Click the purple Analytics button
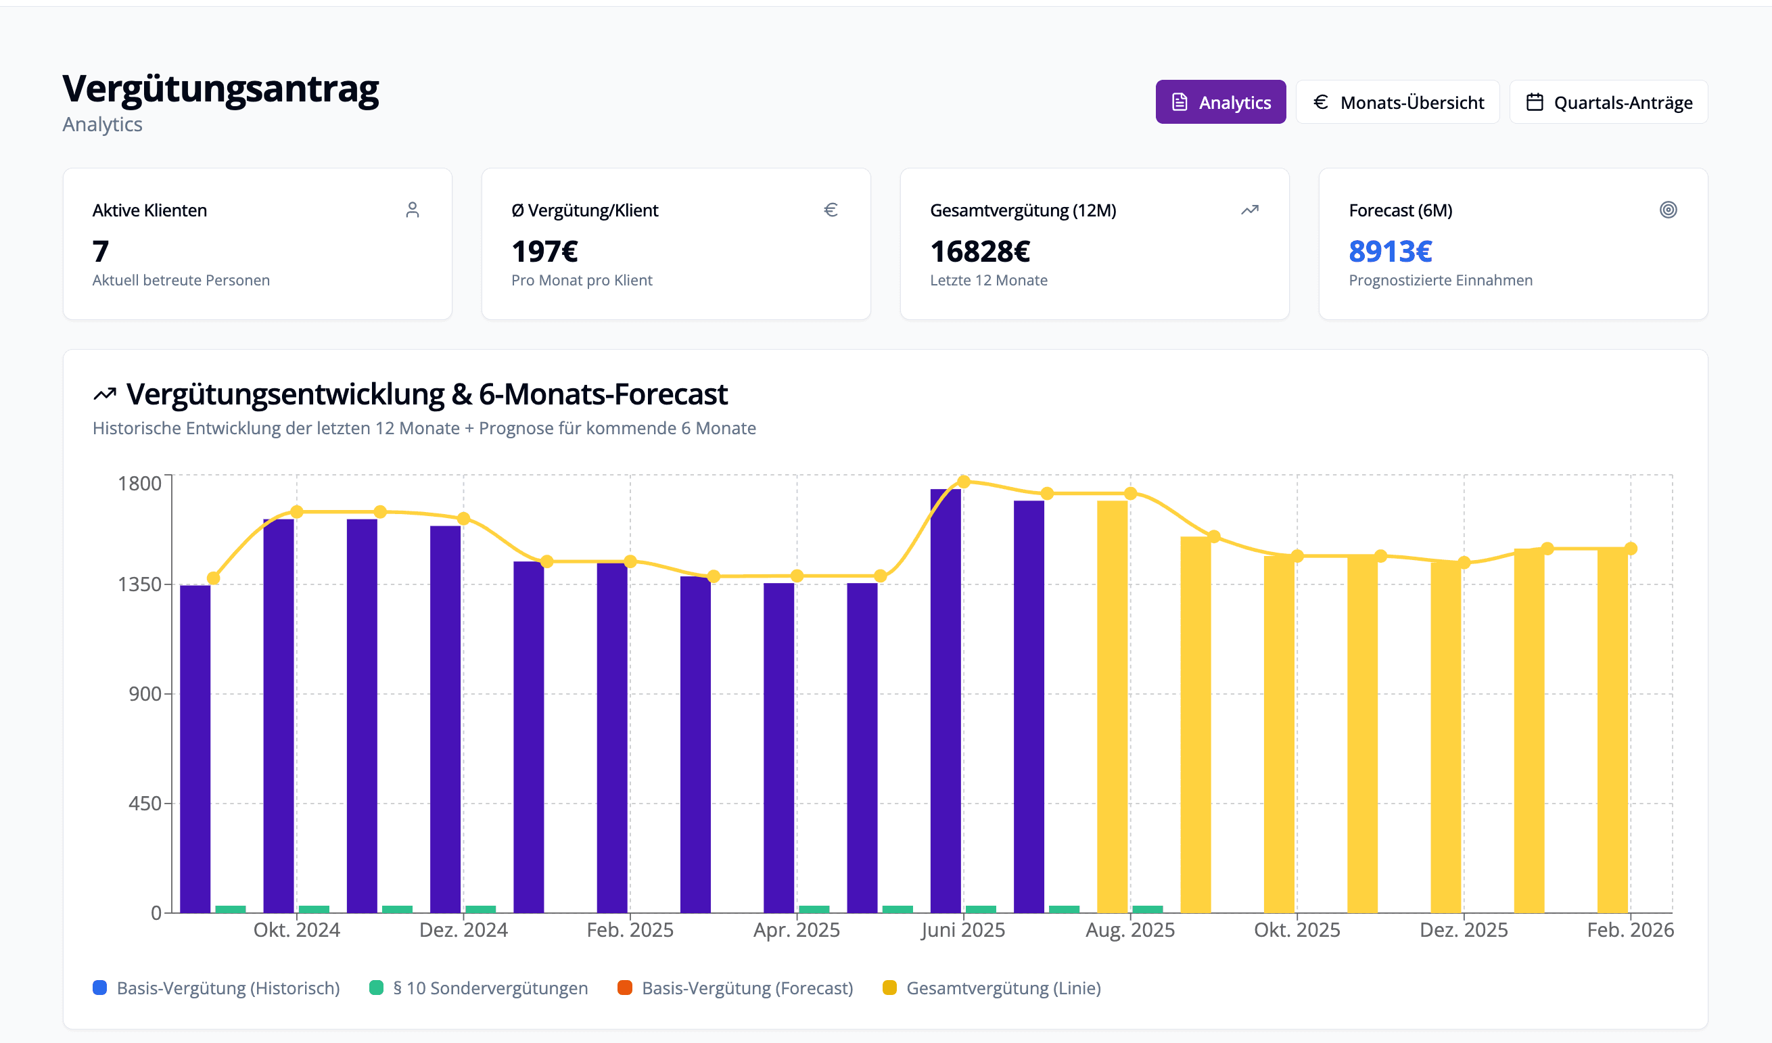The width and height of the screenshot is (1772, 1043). coord(1220,102)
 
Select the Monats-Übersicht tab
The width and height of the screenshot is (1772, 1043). coord(1397,102)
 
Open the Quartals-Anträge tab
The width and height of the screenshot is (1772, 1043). coord(1608,102)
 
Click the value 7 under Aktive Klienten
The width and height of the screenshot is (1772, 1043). coord(101,251)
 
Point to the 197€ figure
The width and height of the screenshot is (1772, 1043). coord(544,251)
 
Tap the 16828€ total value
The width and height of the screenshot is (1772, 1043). coord(979,251)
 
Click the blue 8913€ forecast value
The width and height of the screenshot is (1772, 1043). coord(1389,251)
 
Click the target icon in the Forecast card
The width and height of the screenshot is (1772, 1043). coord(1668,210)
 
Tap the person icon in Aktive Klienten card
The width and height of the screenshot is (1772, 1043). coord(412,210)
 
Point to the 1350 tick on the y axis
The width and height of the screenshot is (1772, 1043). coord(139,584)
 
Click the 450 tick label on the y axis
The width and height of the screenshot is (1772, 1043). coord(145,803)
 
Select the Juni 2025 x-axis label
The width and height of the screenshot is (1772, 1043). coord(962,930)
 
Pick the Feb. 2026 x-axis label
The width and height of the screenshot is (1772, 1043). coord(1629,930)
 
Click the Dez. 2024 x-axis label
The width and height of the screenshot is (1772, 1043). coord(463,930)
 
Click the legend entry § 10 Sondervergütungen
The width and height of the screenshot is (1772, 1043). coord(490,988)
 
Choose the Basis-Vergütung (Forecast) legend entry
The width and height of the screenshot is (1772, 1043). coord(746,988)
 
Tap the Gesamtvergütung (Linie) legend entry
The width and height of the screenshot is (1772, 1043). coord(1003,988)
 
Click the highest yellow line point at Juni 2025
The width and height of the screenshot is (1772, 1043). coord(963,482)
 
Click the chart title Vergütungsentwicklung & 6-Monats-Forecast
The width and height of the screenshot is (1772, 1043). coord(426,394)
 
